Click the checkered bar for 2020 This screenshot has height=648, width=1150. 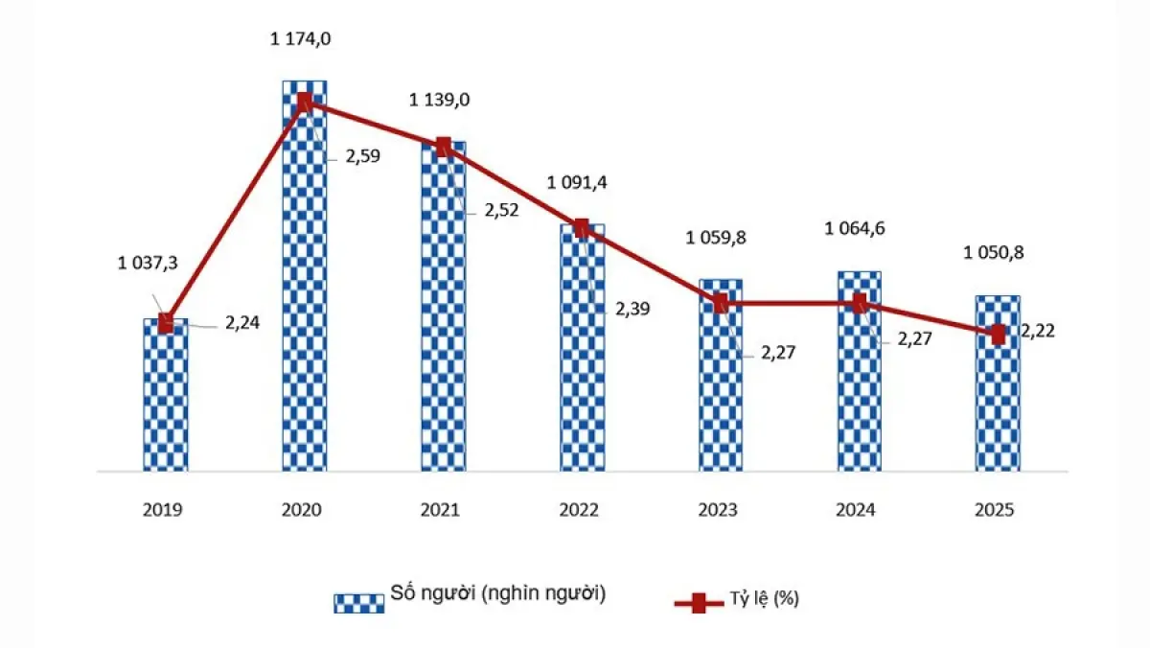pyautogui.click(x=304, y=288)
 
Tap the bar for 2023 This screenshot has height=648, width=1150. pyautogui.click(x=721, y=383)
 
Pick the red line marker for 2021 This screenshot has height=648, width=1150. pyautogui.click(x=443, y=147)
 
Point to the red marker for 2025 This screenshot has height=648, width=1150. pyautogui.click(x=999, y=335)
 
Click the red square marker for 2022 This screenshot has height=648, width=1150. pyautogui.click(x=582, y=227)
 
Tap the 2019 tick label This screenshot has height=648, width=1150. pyautogui.click(x=165, y=511)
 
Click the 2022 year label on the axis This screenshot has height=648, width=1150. pyautogui.click(x=582, y=511)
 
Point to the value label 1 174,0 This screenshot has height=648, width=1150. pyautogui.click(x=304, y=39)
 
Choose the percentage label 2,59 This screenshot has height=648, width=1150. pyautogui.click(x=362, y=156)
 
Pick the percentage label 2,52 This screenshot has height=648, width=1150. pyautogui.click(x=500, y=211)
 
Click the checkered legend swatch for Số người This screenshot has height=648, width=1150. pyautogui.click(x=358, y=603)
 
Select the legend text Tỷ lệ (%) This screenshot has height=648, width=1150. pyautogui.click(x=768, y=600)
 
